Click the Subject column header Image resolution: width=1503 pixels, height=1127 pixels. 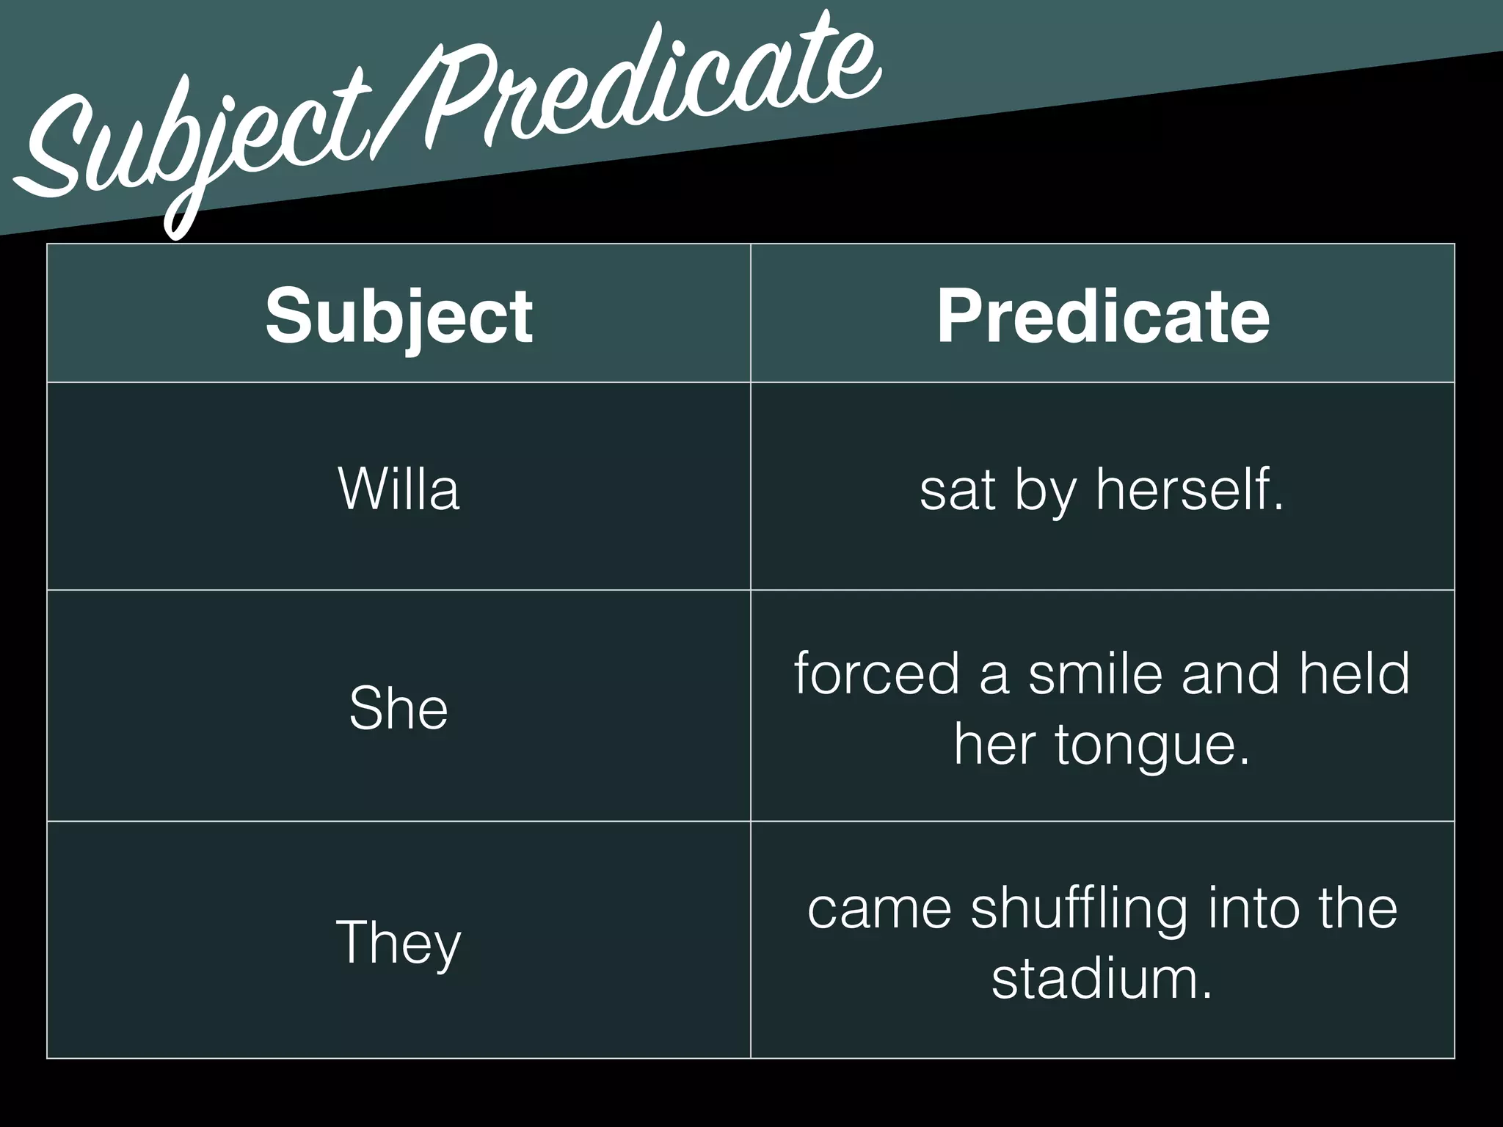(x=399, y=316)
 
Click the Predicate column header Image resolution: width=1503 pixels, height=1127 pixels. (x=1102, y=316)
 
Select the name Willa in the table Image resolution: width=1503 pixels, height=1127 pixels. (x=399, y=489)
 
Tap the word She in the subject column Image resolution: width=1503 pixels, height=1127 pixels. (x=399, y=707)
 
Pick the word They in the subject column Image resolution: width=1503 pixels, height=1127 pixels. (x=399, y=942)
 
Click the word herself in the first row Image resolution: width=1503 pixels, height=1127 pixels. (x=1189, y=489)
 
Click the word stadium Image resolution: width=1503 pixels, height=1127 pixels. (x=1101, y=979)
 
